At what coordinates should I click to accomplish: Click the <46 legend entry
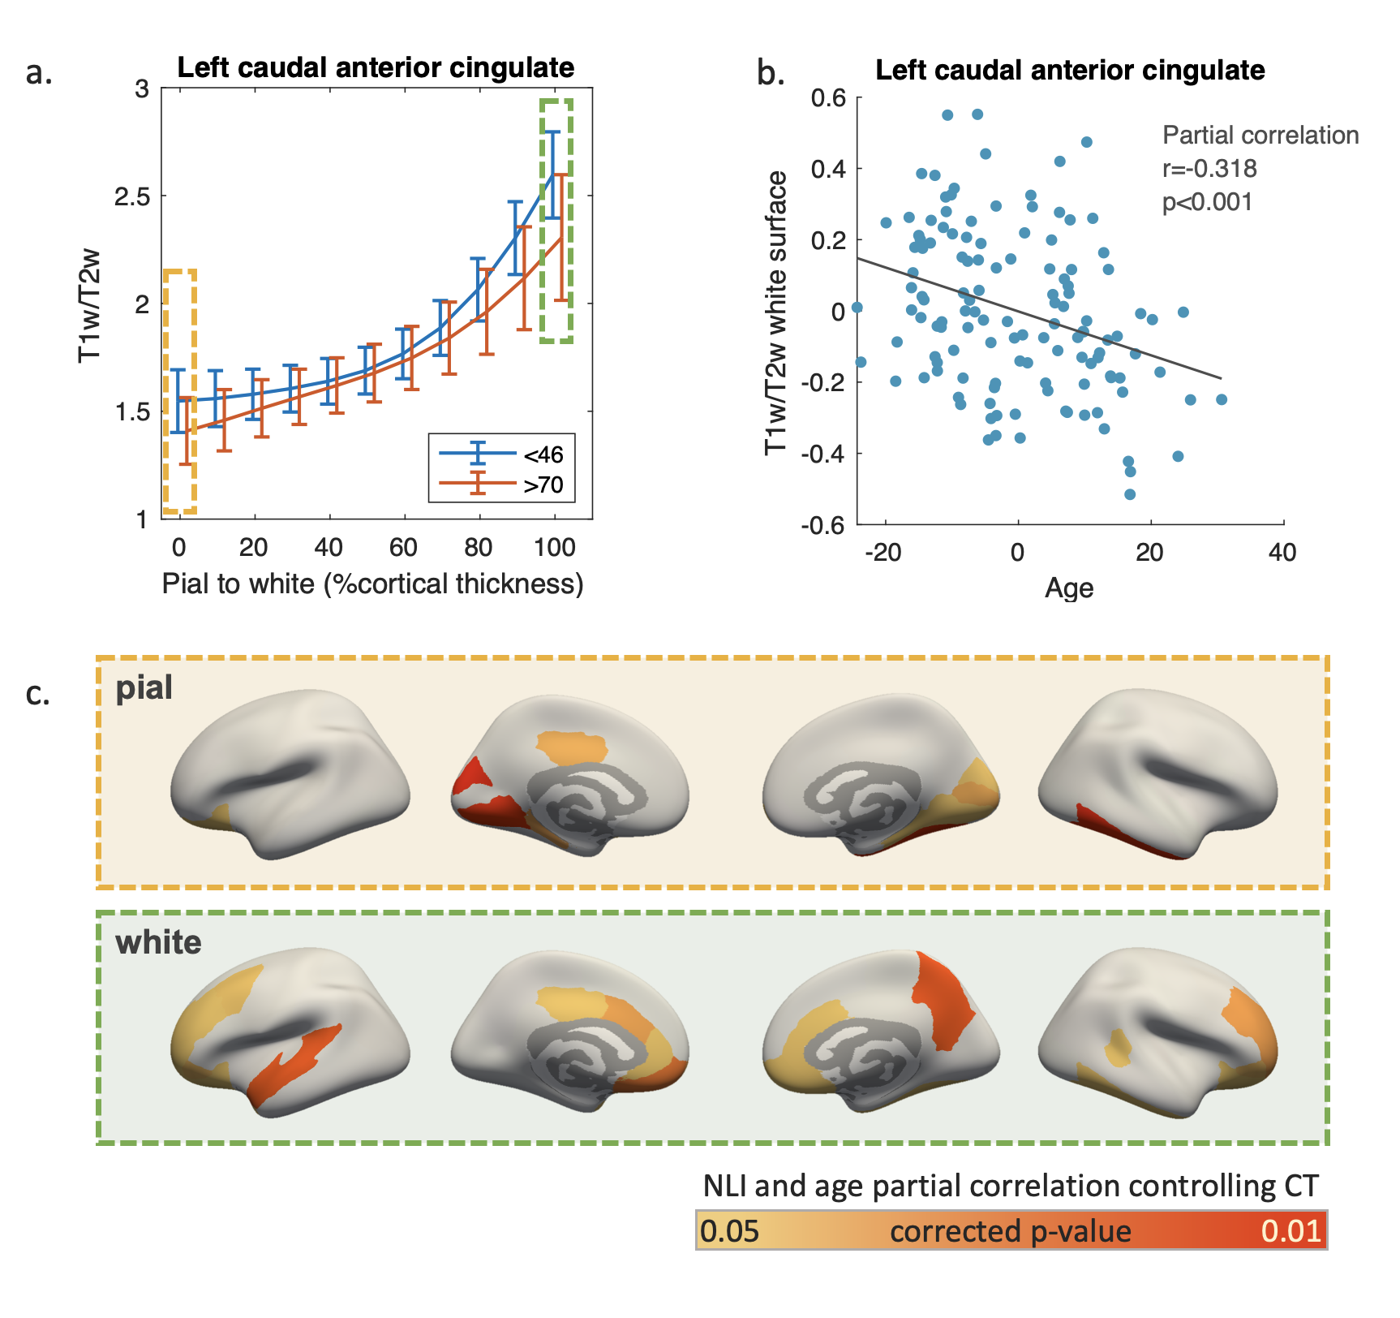(542, 454)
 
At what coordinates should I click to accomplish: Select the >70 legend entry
(542, 485)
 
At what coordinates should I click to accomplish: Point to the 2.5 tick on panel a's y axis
(132, 196)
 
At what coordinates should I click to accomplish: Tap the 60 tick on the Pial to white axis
(403, 548)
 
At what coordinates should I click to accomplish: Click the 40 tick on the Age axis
(1282, 553)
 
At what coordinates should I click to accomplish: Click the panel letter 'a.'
(39, 73)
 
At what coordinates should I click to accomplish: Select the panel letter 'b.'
(771, 73)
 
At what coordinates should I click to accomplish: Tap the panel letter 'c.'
(38, 694)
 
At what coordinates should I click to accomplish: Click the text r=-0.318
(1209, 169)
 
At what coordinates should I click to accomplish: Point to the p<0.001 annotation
(1207, 202)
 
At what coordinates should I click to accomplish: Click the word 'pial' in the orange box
(144, 688)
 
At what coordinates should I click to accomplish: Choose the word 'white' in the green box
(158, 943)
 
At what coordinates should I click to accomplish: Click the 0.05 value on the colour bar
(729, 1231)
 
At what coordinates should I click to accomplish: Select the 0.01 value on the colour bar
(1291, 1231)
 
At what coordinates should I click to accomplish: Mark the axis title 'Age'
(1069, 588)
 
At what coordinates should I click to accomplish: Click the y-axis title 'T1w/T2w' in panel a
(89, 304)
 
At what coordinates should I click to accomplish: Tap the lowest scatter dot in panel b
(1130, 494)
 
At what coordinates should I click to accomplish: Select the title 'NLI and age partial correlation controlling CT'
(1011, 1186)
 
